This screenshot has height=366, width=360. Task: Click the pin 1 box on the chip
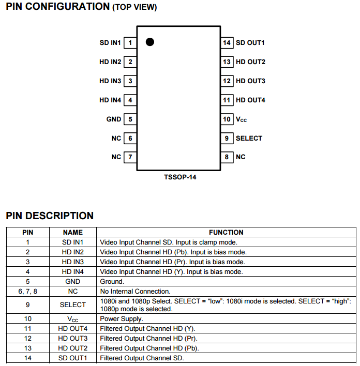(130, 43)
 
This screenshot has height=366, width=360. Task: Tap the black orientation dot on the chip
(150, 42)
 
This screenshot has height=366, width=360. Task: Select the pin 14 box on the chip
(227, 43)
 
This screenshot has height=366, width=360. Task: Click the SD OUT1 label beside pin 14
(250, 43)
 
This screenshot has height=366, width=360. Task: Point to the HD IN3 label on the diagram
(110, 81)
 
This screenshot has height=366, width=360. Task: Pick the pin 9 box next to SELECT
(227, 138)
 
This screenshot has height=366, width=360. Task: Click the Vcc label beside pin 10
(242, 119)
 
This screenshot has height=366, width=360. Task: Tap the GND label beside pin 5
(114, 119)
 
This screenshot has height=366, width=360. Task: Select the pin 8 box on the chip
(227, 157)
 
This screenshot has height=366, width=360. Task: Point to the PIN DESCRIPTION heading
(50, 216)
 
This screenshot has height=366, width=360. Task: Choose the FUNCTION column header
(226, 233)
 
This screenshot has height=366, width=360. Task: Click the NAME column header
(72, 233)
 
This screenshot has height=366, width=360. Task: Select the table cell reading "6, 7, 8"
(28, 292)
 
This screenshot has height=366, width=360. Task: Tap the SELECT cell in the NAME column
(72, 305)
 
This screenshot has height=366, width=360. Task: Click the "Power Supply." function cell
(122, 319)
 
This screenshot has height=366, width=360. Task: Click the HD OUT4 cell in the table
(72, 329)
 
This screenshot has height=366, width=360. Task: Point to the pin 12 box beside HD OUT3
(227, 81)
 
